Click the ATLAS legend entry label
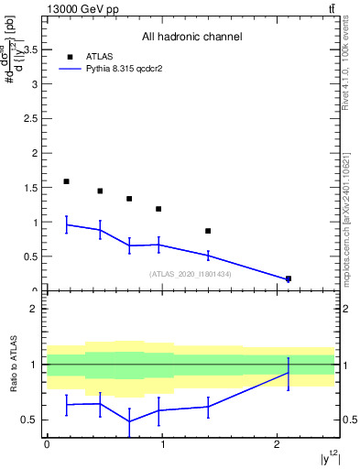click(x=100, y=56)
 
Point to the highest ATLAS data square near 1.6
click(x=67, y=181)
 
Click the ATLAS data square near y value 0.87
click(x=208, y=231)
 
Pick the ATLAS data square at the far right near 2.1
click(x=289, y=278)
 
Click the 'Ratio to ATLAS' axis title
click(x=13, y=365)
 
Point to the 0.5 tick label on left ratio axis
click(x=33, y=420)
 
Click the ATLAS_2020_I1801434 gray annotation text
click(x=191, y=274)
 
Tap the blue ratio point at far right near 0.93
click(x=289, y=373)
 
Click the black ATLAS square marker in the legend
click(x=70, y=56)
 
